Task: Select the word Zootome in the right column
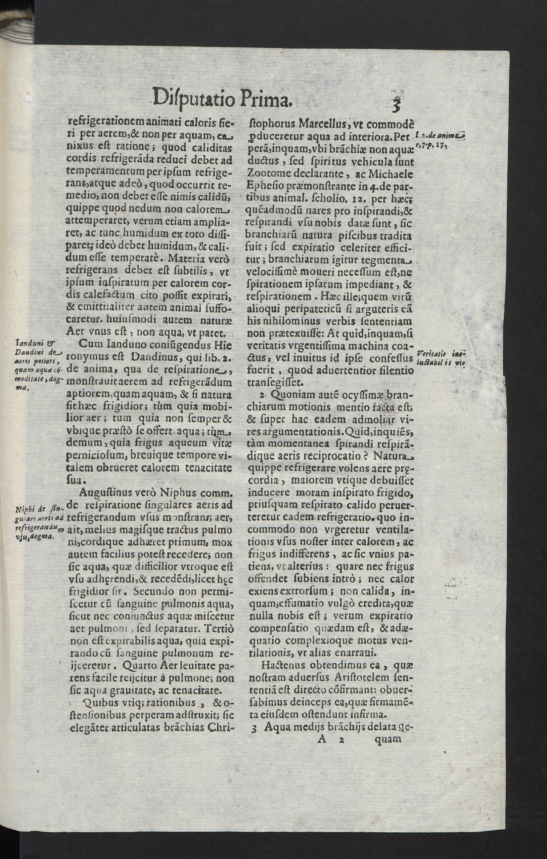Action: click(265, 175)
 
